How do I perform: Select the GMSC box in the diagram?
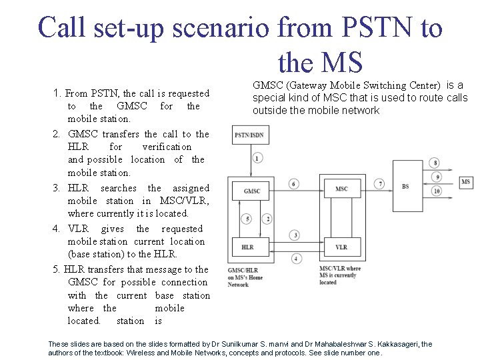point(252,191)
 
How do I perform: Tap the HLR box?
point(247,247)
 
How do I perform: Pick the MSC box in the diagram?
point(341,189)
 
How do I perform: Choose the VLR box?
point(341,247)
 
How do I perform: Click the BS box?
point(405,187)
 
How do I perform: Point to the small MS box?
point(465,182)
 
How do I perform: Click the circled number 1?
point(257,158)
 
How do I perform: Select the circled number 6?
point(293,184)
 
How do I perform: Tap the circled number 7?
point(380,183)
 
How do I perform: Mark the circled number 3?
point(295,235)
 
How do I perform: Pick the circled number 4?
point(296,258)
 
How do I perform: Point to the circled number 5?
point(247,219)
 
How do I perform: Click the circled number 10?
point(436,191)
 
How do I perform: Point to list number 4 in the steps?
point(57,229)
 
